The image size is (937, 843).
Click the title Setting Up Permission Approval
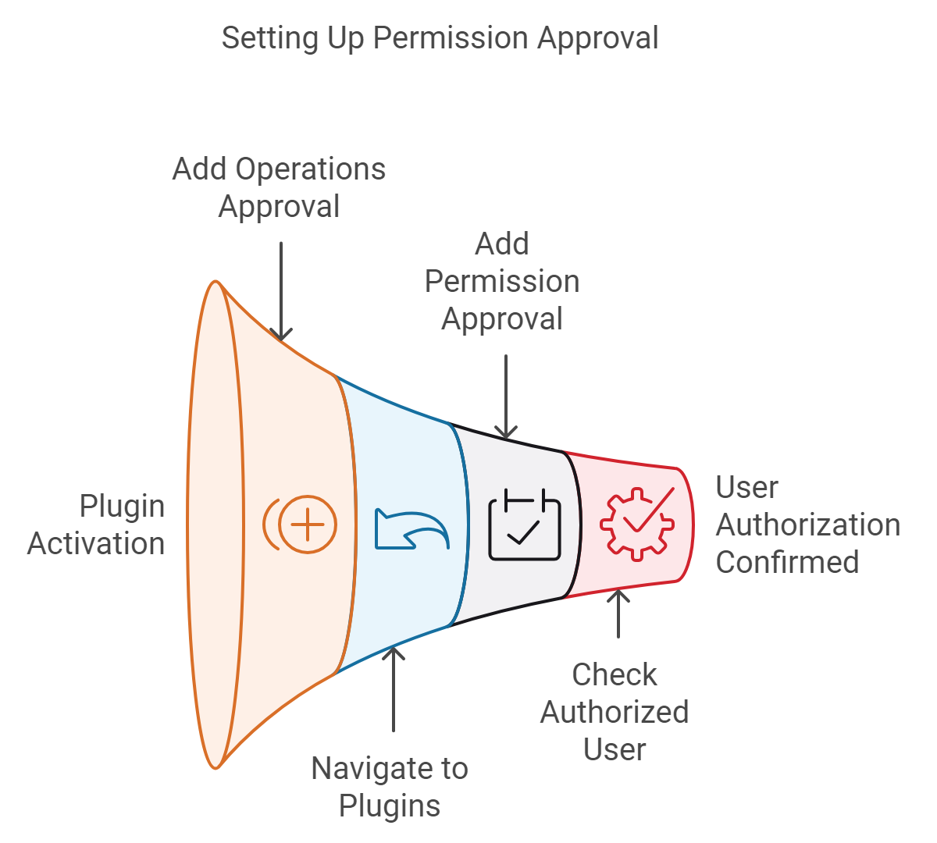click(440, 37)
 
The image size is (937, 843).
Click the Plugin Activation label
click(96, 525)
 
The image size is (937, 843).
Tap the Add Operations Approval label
click(279, 187)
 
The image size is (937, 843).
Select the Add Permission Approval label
click(502, 281)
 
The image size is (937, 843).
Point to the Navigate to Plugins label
click(390, 787)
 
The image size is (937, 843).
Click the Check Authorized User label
click(615, 712)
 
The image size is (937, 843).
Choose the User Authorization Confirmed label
click(807, 525)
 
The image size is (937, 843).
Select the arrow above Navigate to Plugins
click(394, 687)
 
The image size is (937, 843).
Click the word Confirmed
click(787, 562)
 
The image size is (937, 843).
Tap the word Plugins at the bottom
click(390, 806)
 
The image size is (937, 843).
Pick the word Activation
click(96, 543)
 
